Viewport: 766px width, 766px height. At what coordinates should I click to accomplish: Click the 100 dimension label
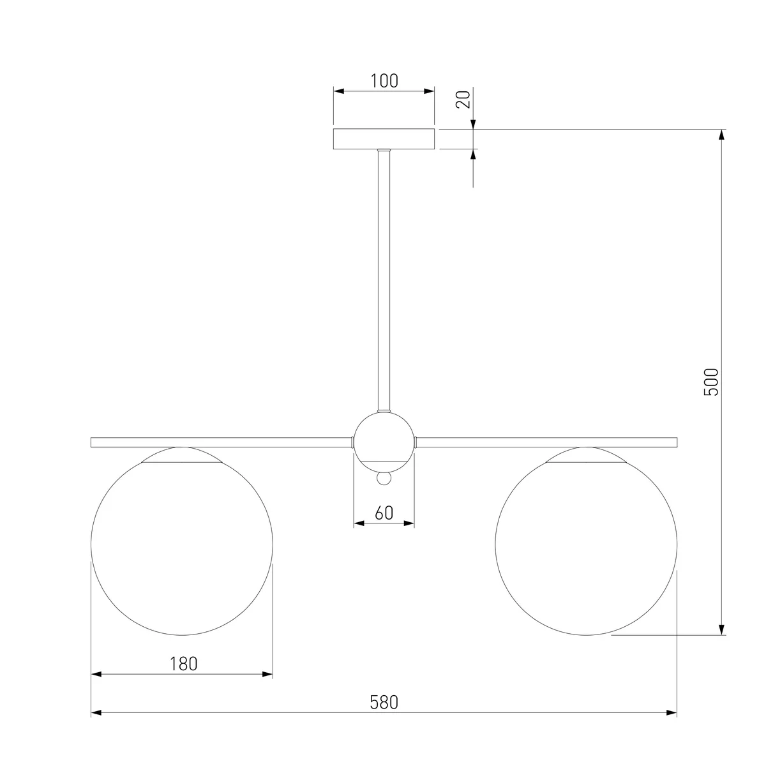384,80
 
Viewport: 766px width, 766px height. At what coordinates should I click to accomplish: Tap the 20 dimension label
463,100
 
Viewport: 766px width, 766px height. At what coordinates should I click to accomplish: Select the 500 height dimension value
711,382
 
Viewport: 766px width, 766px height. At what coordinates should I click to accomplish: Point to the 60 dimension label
384,513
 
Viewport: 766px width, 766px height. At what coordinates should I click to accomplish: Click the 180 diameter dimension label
183,663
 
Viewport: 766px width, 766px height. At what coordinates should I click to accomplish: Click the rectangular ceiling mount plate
384,139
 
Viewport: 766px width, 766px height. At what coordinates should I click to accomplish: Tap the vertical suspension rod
384,280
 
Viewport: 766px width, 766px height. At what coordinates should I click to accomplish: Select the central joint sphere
384,442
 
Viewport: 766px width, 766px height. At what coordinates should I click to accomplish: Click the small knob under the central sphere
384,478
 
